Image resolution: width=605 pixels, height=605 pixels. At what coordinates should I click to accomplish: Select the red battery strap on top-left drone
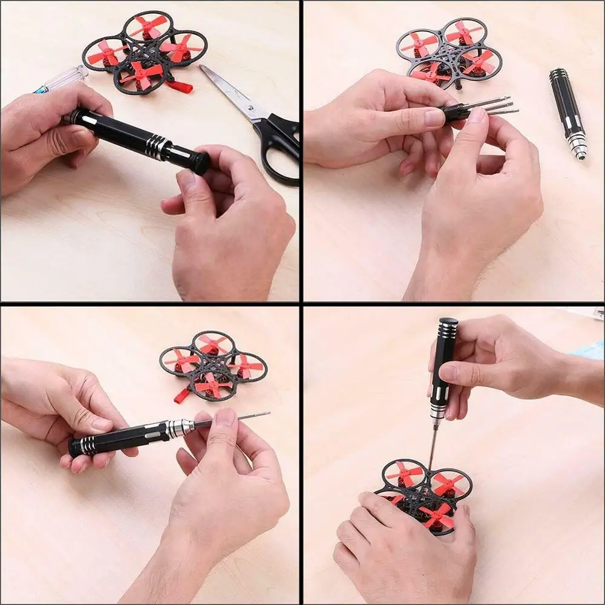tap(180, 87)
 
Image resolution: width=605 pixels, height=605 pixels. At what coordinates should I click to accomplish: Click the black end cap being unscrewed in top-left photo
tap(198, 162)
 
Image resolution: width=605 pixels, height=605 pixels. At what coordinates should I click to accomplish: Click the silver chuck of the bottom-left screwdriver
tap(180, 428)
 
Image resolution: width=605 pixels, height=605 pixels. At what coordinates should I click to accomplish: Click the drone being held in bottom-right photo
tap(427, 493)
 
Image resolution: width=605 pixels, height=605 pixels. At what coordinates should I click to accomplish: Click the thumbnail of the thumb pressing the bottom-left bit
tap(226, 416)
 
